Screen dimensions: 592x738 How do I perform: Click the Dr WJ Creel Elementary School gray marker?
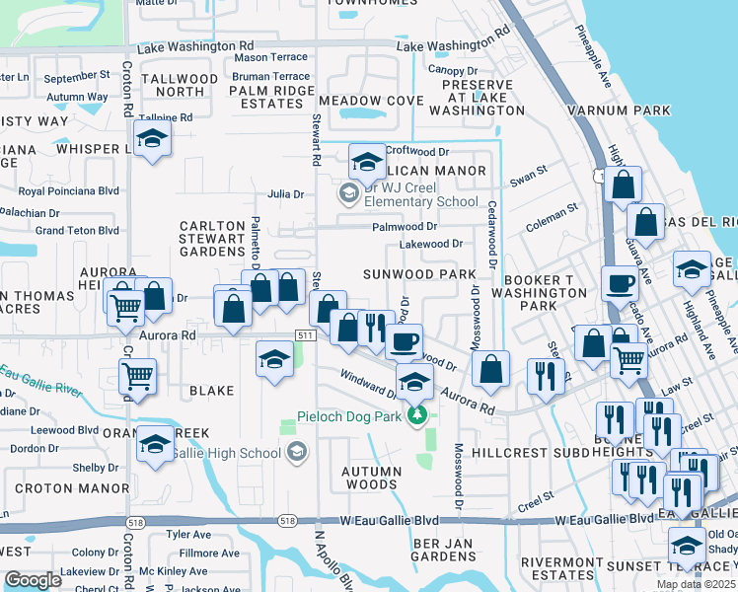(348, 193)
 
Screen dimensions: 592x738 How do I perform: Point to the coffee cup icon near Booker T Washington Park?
(620, 284)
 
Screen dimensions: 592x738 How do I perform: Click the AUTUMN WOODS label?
(371, 478)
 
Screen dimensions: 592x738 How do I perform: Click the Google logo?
(33, 579)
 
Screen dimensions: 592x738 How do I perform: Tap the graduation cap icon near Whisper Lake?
(152, 139)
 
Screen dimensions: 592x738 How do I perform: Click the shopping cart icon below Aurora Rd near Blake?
(137, 374)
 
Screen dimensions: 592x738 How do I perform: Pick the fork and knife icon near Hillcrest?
(544, 374)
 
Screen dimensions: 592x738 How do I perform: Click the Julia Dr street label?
(285, 194)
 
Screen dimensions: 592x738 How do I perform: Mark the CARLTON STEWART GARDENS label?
(211, 238)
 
